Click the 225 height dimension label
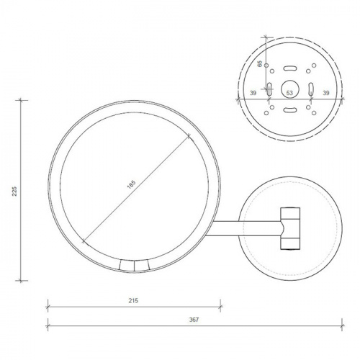pyautogui.click(x=14, y=189)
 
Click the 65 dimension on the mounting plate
pyautogui.click(x=260, y=63)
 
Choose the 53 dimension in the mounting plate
pyautogui.click(x=289, y=94)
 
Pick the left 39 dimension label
pyautogui.click(x=253, y=94)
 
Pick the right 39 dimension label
pyautogui.click(x=326, y=94)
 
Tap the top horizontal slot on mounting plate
pyautogui.click(x=289, y=68)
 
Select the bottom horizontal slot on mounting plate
pyautogui.click(x=289, y=110)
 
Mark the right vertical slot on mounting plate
pyautogui.click(x=310, y=89)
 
